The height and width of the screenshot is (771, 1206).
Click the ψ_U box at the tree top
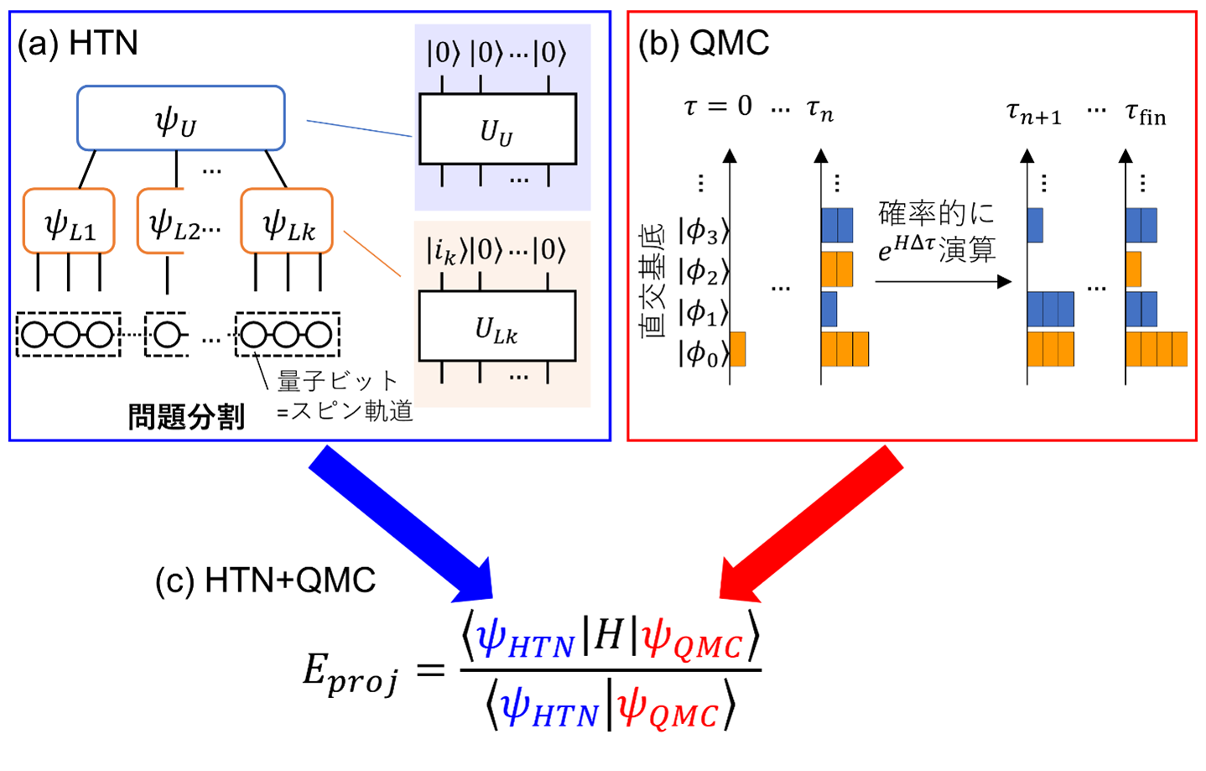[x=181, y=117]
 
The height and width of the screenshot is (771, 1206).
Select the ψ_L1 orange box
[x=69, y=221]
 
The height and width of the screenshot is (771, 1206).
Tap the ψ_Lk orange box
[x=287, y=221]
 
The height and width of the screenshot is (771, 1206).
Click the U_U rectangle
[x=498, y=129]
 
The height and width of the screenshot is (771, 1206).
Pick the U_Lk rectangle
[x=497, y=326]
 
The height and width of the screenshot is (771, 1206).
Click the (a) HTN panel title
[x=77, y=43]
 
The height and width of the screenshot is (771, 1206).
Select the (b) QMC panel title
[x=703, y=43]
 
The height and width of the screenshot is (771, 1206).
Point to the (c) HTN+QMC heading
[x=265, y=581]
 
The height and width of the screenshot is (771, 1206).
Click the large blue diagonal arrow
[x=401, y=524]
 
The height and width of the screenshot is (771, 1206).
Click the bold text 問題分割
[x=186, y=417]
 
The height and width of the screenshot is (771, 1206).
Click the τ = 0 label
[x=718, y=106]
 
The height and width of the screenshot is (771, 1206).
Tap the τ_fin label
[x=1146, y=114]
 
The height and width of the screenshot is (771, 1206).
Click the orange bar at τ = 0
[x=737, y=349]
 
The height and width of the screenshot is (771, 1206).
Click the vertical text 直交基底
[x=652, y=283]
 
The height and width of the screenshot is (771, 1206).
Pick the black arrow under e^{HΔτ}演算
[x=943, y=281]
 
